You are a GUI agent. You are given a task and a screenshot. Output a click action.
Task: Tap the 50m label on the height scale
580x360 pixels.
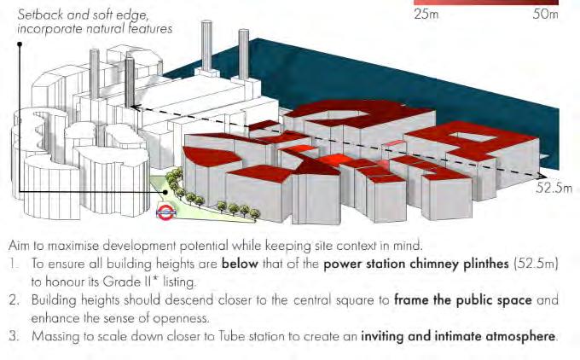(545, 15)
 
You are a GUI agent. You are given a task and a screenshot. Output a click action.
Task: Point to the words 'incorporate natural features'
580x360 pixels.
(94, 29)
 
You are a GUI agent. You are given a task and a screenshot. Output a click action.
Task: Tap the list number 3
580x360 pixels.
(20, 336)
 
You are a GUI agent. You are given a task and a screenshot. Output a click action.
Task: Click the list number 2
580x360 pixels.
(20, 300)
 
